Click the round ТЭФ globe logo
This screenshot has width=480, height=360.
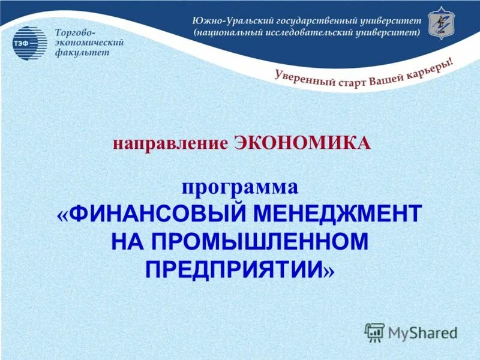click(29, 43)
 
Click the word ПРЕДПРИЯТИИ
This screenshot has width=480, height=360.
click(234, 269)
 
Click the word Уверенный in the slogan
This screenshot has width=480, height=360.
click(304, 79)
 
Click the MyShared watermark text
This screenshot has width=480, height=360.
click(422, 331)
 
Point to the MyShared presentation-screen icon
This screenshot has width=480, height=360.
click(374, 332)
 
